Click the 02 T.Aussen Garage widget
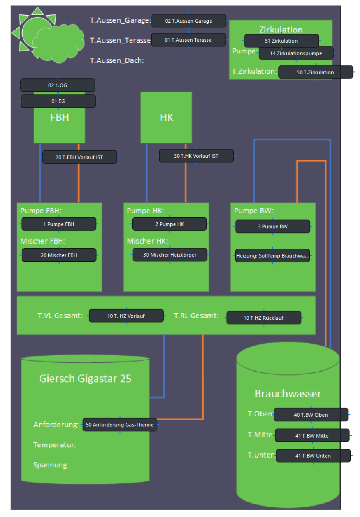pyautogui.click(x=188, y=21)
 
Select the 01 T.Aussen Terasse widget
pyautogui.click(x=188, y=40)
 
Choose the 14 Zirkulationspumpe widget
pyautogui.click(x=296, y=53)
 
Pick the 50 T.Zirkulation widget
pyautogui.click(x=315, y=72)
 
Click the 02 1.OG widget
pyautogui.click(x=58, y=85)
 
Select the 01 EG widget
pyautogui.click(x=58, y=101)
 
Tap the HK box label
pyautogui.click(x=166, y=117)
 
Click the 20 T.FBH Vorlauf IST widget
pyautogui.click(x=79, y=157)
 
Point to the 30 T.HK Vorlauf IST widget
pyautogui.click(x=196, y=156)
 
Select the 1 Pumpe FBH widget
pyautogui.click(x=59, y=224)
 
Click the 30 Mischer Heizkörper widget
pyautogui.click(x=170, y=255)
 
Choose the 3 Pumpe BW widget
pyautogui.click(x=272, y=226)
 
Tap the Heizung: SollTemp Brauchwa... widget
pyautogui.click(x=272, y=256)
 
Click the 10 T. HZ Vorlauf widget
pyautogui.click(x=126, y=316)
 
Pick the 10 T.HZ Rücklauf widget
pyautogui.click(x=264, y=318)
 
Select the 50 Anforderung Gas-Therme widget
pyautogui.click(x=120, y=425)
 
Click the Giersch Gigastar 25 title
pyautogui.click(x=85, y=379)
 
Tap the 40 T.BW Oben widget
pyautogui.click(x=311, y=415)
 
